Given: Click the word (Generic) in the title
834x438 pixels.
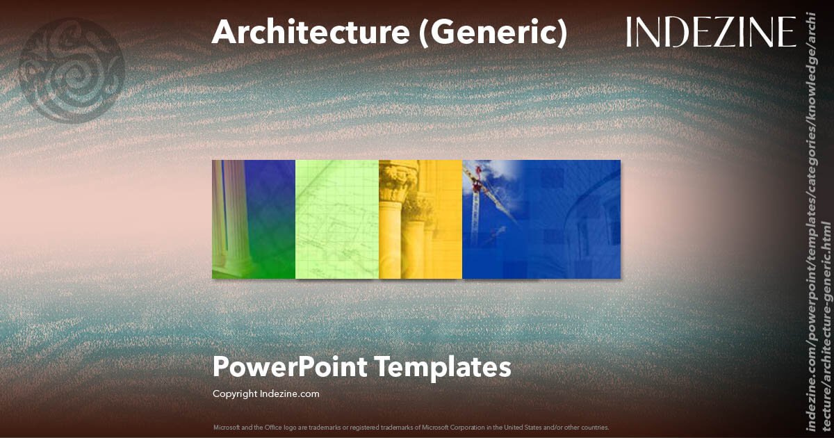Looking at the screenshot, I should point(493,33).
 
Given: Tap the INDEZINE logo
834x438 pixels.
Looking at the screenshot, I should point(710,33).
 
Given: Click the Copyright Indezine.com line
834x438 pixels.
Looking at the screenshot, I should point(266,394).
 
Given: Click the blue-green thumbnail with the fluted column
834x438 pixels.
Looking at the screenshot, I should point(253,219).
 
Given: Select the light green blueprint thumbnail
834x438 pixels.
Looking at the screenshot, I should point(337,219).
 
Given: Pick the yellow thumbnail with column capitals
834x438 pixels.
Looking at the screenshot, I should point(420,219).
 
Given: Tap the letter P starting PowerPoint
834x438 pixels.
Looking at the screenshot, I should point(220,366).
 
